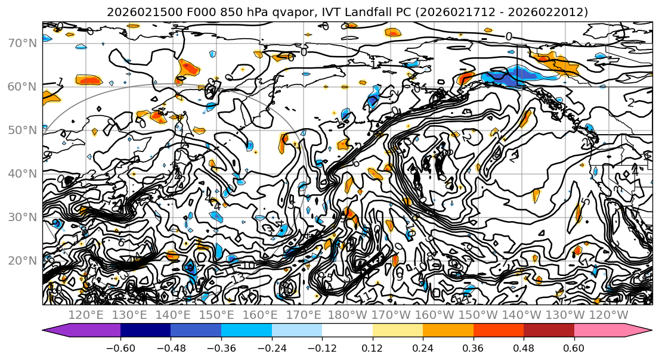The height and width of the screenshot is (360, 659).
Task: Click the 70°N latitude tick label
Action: [21, 43]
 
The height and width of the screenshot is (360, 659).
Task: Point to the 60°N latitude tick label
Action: [21, 86]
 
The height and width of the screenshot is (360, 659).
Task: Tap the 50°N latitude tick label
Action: [21, 130]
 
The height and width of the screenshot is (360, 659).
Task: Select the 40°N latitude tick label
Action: [21, 173]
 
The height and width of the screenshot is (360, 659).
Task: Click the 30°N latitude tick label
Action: [21, 217]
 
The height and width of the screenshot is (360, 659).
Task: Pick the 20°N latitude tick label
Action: [21, 260]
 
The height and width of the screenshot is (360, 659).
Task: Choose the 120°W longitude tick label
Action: [609, 315]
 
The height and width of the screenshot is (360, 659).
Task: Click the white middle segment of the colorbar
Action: [347, 331]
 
